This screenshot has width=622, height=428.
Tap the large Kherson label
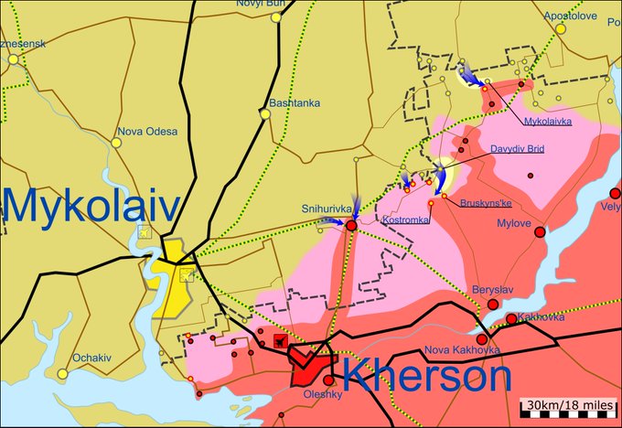427,377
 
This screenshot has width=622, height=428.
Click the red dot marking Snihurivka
351,224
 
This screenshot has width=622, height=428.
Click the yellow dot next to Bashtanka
264,114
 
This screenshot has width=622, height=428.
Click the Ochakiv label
93,358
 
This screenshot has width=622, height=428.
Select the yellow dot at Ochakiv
62,373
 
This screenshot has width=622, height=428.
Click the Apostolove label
571,16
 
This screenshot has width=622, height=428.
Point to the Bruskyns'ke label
487,202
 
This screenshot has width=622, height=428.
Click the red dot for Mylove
540,232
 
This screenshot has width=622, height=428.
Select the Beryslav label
493,290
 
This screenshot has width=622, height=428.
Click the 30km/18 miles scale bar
567,405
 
